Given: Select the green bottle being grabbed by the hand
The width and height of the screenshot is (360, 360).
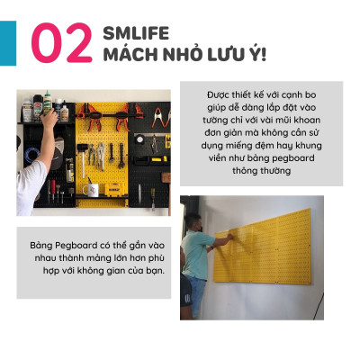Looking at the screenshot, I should [48, 102].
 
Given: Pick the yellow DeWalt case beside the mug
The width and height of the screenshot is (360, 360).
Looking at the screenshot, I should [113, 186].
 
